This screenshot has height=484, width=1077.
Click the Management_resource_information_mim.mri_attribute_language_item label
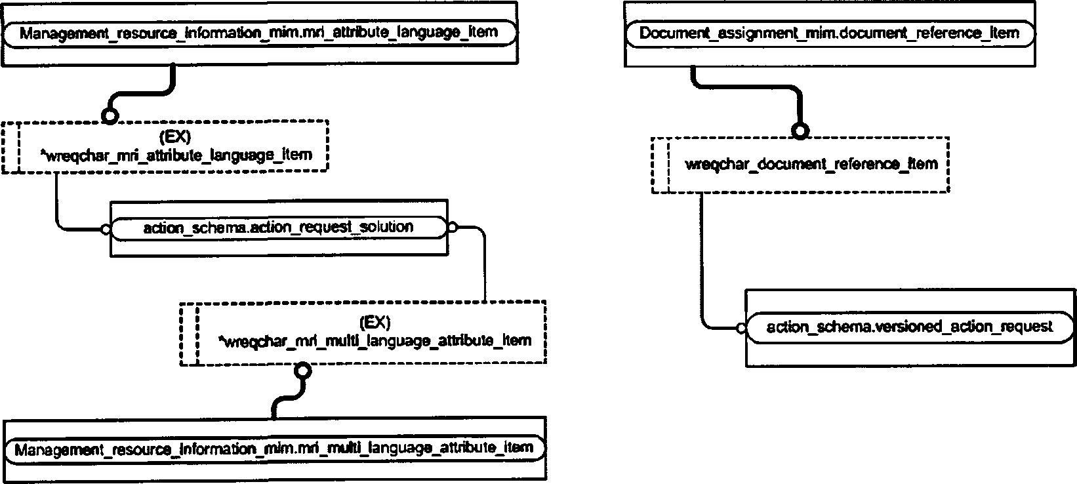258,33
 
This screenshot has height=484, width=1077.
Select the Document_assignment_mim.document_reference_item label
829,33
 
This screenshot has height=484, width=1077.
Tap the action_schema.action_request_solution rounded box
279,228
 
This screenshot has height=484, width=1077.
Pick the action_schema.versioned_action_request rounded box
910,327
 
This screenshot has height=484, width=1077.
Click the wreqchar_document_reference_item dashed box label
811,165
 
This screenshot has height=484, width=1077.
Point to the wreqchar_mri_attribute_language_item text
176,155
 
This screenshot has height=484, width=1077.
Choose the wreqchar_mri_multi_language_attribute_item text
375,341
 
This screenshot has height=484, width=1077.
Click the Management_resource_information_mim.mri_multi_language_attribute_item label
274,449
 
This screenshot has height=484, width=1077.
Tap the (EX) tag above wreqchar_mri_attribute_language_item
175,137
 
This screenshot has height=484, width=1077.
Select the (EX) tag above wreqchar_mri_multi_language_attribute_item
375,322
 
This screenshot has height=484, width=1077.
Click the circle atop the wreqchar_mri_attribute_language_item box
110,116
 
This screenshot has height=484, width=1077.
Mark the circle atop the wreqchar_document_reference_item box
800,131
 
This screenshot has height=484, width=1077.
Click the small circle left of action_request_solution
106,230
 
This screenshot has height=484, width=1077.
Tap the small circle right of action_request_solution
452,228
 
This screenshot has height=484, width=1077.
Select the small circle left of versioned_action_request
741,329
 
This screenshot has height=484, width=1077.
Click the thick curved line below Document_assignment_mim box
750,87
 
